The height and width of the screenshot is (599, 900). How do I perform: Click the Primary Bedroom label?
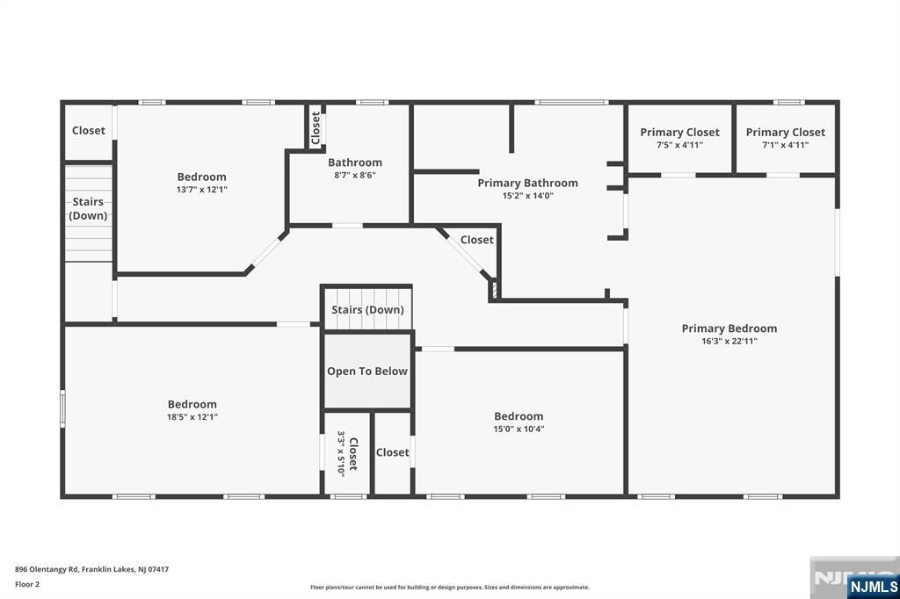click(729, 328)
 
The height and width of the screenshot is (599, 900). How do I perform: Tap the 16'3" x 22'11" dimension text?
click(729, 341)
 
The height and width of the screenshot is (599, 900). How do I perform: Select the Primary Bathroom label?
click(527, 183)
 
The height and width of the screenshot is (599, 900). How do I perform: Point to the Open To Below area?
click(367, 372)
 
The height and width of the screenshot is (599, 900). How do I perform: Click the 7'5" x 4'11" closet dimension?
click(679, 145)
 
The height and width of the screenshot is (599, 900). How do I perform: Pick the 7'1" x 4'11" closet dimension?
click(785, 145)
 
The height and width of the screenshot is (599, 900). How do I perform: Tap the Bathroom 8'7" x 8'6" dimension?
click(355, 175)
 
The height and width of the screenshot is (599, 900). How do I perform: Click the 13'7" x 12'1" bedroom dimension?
click(201, 190)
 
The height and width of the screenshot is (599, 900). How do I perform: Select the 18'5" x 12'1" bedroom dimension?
click(192, 417)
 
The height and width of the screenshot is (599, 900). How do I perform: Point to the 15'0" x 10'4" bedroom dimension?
click(519, 429)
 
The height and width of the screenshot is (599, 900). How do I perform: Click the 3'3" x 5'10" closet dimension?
click(341, 453)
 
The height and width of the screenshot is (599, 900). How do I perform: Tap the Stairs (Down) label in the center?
click(367, 310)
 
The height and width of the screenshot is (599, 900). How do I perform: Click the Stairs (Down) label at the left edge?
click(88, 208)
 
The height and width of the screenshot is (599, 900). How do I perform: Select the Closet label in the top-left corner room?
click(89, 130)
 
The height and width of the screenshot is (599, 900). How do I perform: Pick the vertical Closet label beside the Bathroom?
click(316, 128)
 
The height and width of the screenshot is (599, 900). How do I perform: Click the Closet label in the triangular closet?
click(477, 240)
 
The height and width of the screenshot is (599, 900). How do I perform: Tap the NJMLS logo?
click(873, 587)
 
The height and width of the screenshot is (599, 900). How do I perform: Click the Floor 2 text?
click(27, 584)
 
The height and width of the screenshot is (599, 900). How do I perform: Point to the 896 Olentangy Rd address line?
click(91, 569)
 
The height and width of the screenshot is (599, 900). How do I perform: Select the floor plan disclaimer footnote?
click(449, 587)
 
